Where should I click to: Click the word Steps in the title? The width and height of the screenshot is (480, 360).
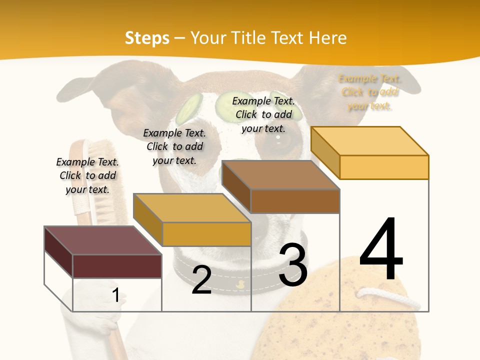[147, 38]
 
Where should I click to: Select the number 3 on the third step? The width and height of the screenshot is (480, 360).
[293, 265]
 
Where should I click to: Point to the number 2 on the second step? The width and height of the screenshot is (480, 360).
[201, 280]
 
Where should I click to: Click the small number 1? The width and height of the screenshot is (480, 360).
[115, 295]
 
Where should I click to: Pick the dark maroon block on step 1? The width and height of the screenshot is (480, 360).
[117, 266]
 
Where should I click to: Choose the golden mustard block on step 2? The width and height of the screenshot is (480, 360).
[206, 234]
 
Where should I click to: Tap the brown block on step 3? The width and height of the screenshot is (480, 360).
[295, 201]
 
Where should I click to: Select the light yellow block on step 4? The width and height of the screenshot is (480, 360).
[384, 167]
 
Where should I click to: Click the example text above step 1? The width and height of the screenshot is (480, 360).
[87, 175]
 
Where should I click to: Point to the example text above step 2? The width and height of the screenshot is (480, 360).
[174, 146]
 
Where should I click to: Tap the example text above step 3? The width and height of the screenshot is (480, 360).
[263, 114]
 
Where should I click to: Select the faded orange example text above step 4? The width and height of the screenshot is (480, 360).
[370, 92]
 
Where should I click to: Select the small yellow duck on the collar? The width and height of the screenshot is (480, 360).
[240, 284]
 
